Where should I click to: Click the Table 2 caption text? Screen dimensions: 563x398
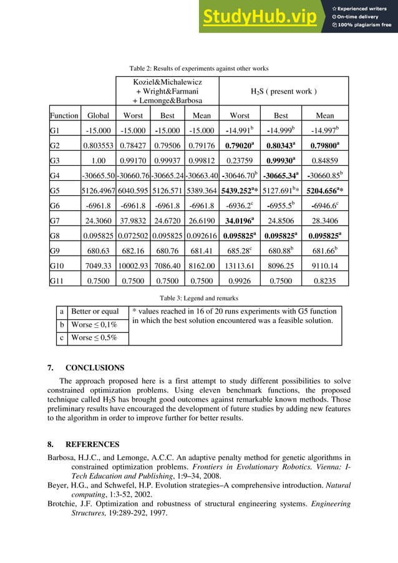pyautogui.click(x=198, y=68)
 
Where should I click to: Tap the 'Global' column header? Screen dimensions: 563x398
pyautogui.click(x=98, y=115)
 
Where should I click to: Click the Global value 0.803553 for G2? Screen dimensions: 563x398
pyautogui.click(x=98, y=146)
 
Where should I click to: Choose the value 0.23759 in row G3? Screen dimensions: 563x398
pyautogui.click(x=240, y=161)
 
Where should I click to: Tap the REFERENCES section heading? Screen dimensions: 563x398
pyautogui.click(x=92, y=445)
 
